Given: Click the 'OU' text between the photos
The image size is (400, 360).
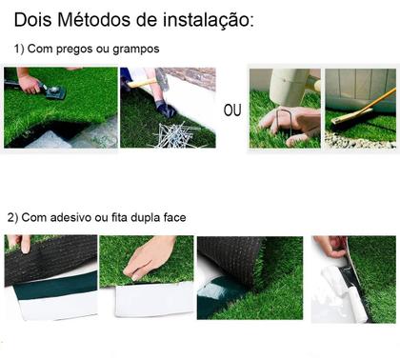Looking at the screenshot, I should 232,110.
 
